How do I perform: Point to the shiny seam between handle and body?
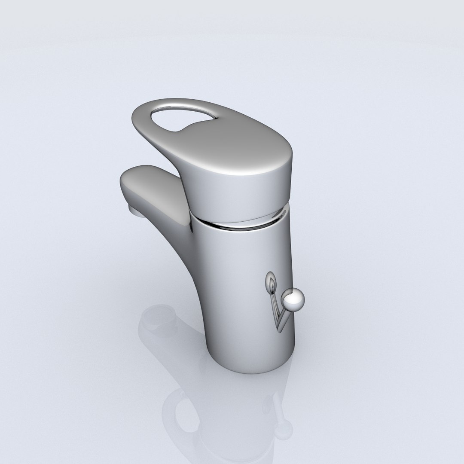241,223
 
